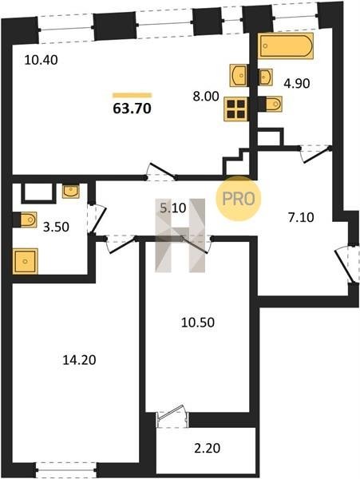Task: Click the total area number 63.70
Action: click(132, 109)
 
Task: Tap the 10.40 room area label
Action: click(41, 60)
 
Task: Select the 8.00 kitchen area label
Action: click(206, 97)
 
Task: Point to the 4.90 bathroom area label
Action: click(297, 83)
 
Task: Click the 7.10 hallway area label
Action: click(301, 217)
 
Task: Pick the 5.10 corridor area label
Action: click(173, 208)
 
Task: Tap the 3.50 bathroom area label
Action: click(56, 228)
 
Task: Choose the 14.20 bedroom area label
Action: click(79, 360)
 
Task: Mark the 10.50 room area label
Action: click(198, 323)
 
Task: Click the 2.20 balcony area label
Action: click(207, 449)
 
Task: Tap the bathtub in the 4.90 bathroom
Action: click(286, 46)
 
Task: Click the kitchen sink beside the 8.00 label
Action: click(238, 74)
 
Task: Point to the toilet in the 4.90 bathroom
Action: click(273, 104)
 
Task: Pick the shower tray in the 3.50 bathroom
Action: click(25, 261)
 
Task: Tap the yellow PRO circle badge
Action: click(239, 199)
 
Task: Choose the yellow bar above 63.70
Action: click(132, 95)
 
